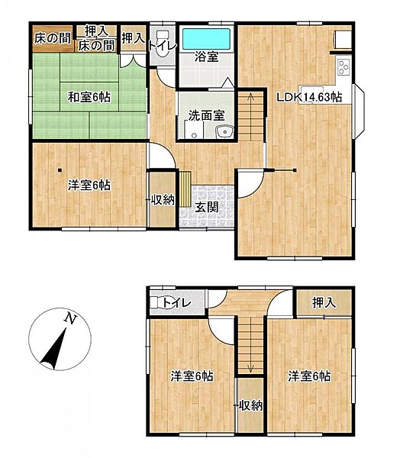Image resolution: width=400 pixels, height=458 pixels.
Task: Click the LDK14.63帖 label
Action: coord(308,96)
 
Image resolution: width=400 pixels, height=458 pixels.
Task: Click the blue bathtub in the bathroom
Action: coord(208,37)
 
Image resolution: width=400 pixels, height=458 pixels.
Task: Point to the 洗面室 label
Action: coord(206,117)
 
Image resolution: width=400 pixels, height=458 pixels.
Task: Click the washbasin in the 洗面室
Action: coord(223,134)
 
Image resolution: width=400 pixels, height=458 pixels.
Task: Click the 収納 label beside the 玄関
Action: coord(162,200)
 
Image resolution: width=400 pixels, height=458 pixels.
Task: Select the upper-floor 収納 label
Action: coord(249,405)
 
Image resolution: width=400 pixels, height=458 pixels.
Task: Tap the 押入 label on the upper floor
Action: coord(324,303)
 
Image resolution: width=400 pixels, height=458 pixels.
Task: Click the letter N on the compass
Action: coord(69,318)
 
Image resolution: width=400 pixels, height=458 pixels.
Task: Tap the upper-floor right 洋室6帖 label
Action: coord(309,376)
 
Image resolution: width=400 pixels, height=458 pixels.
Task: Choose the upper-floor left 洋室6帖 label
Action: coord(191,376)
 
